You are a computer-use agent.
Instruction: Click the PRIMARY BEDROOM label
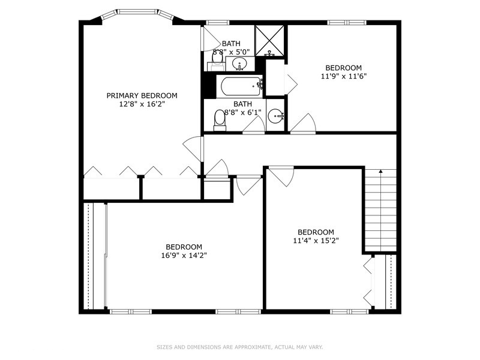click(x=142, y=95)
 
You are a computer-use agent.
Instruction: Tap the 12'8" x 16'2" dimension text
click(x=142, y=104)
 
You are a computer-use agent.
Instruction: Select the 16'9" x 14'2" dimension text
click(x=184, y=256)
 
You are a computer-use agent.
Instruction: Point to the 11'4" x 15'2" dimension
click(x=316, y=241)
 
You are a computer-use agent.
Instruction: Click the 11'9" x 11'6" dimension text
click(x=343, y=76)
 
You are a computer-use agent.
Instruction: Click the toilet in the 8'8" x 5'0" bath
click(x=217, y=61)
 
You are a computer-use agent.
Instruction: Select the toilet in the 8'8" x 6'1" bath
click(x=220, y=121)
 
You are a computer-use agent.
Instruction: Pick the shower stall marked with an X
click(x=269, y=41)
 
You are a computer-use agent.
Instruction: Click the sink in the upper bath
click(x=239, y=64)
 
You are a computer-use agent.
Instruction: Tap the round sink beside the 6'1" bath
click(x=276, y=116)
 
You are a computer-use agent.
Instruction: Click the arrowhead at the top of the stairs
click(x=380, y=172)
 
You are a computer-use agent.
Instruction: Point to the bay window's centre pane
click(x=138, y=12)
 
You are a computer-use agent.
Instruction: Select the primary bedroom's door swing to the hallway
click(x=193, y=149)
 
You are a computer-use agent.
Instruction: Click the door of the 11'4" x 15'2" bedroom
click(x=281, y=176)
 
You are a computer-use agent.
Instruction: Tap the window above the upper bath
click(x=217, y=22)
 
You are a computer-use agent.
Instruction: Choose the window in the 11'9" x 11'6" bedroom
click(x=347, y=22)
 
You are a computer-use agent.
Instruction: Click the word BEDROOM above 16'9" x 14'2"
click(x=184, y=247)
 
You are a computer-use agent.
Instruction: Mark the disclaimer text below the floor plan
click(x=239, y=347)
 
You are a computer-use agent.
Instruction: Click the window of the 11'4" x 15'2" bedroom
click(x=350, y=311)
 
